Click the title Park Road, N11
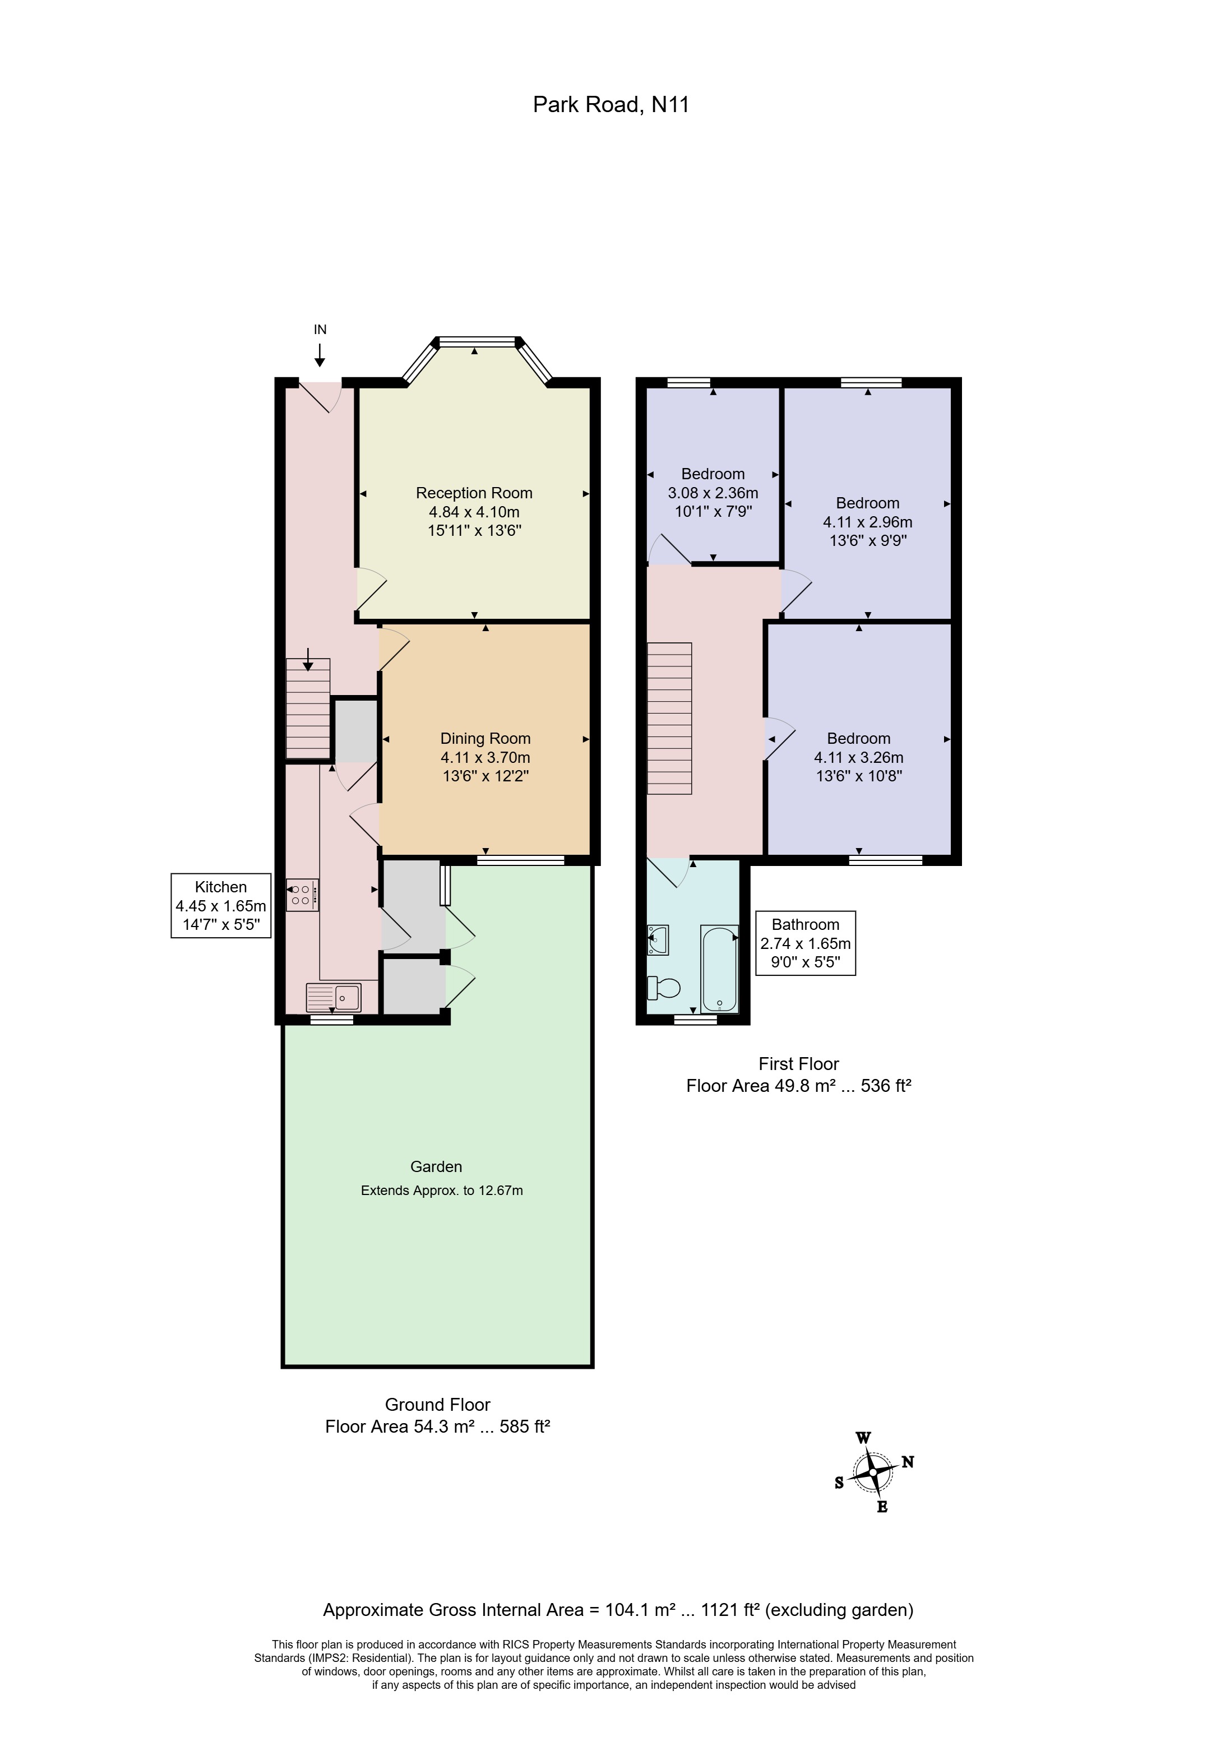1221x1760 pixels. point(610,104)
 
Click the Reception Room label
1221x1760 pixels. point(474,493)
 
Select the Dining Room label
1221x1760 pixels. point(485,738)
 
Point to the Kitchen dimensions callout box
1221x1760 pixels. point(221,906)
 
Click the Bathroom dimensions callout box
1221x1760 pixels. point(806,943)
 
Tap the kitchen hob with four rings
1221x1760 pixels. point(302,895)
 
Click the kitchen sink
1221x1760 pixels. point(333,997)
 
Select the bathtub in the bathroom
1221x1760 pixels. point(720,969)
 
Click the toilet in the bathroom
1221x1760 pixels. point(663,988)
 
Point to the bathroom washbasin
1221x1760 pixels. point(658,940)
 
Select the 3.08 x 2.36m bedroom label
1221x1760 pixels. point(713,493)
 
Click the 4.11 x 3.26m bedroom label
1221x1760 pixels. point(858,757)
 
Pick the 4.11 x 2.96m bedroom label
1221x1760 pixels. point(868,522)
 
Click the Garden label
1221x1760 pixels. point(436,1166)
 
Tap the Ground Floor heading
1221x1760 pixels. point(438,1404)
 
